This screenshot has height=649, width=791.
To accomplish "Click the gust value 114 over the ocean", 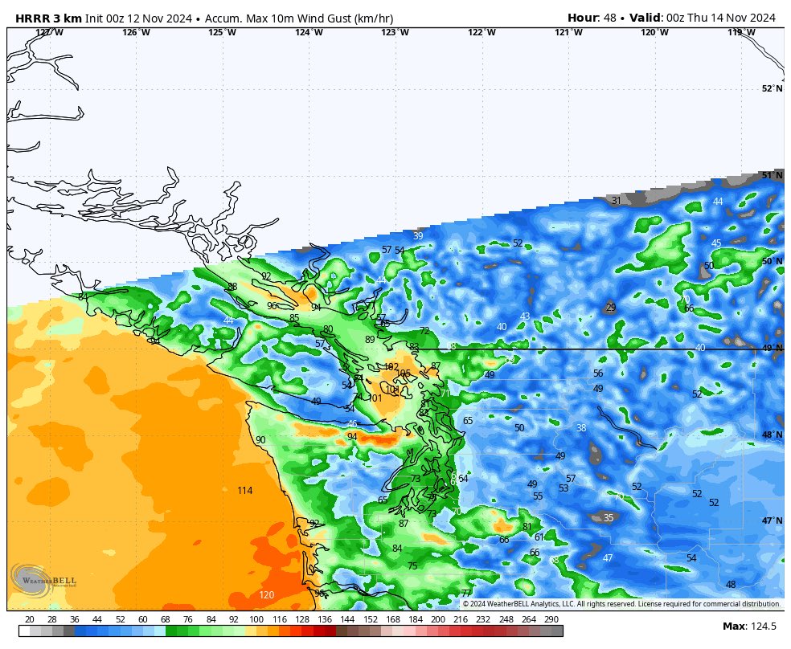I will point(245,491).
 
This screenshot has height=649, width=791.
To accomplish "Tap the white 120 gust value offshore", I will point(266,595).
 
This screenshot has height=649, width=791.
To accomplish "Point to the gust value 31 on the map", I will point(616,201).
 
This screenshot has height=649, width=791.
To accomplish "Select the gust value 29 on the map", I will point(610,308).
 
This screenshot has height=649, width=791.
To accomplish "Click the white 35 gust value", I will point(609,518).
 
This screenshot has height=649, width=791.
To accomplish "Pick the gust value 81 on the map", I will point(527,527).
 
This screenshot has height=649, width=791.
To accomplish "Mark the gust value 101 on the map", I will point(375,398).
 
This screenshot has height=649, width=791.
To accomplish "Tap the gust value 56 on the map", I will point(598,373).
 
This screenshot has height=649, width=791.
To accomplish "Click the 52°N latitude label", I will point(772,89).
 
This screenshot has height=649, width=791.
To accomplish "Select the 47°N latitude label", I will point(772,520).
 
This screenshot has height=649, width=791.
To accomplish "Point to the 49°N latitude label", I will point(772,349).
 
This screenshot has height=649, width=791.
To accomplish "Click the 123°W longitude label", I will point(395,33).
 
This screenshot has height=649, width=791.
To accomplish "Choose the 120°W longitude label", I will point(654,33).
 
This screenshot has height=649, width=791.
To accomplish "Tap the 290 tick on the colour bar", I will point(551,619).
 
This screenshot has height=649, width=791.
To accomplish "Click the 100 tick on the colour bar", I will point(256,619).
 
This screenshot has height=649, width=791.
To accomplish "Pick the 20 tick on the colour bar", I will point(30,619).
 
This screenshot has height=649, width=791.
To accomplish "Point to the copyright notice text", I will point(621,604).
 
